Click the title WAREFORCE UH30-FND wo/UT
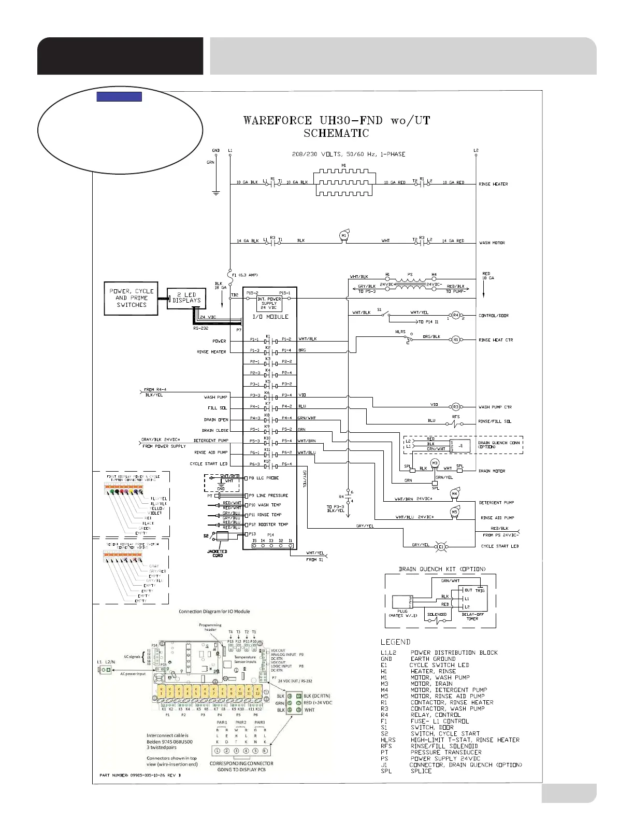click(x=337, y=121)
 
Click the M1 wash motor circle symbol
click(x=343, y=236)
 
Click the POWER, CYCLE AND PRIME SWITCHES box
click(x=132, y=298)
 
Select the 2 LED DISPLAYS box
click(x=185, y=298)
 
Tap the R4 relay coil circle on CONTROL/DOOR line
click(x=455, y=315)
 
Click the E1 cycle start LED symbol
click(x=441, y=546)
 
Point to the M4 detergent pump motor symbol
click(x=454, y=494)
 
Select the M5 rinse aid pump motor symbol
click(x=454, y=512)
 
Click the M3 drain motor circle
click(x=435, y=462)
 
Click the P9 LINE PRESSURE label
click(x=268, y=496)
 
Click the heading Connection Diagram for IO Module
click(x=214, y=611)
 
